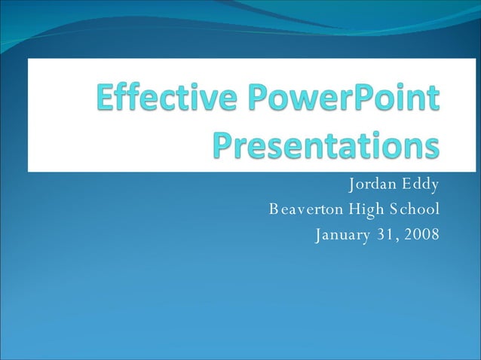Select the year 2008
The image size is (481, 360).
click(421, 235)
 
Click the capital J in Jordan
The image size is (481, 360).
click(351, 185)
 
